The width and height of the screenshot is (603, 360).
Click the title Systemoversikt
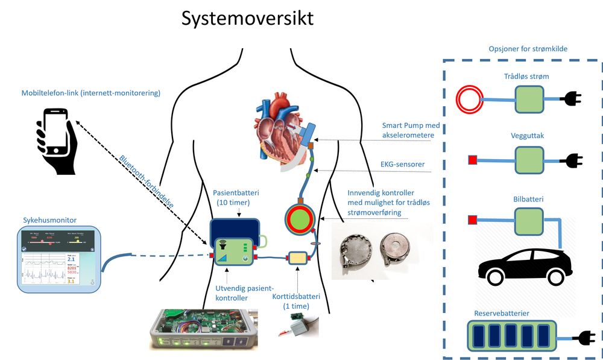pyautogui.click(x=248, y=18)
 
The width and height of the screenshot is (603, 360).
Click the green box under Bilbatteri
pyautogui.click(x=529, y=221)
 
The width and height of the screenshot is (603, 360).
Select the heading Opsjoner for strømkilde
pyautogui.click(x=527, y=49)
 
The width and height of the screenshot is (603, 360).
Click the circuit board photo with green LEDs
pyautogui.click(x=203, y=329)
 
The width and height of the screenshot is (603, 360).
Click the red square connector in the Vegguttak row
pyautogui.click(x=473, y=160)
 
